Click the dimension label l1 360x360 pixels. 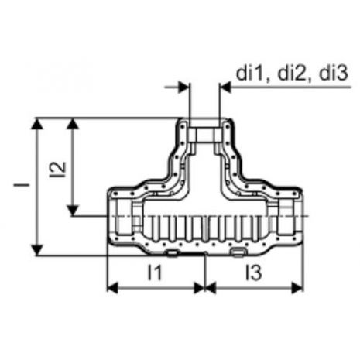click(x=154, y=273)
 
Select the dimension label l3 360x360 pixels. click(x=254, y=273)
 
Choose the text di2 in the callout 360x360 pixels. click(x=293, y=74)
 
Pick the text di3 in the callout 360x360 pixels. click(x=334, y=74)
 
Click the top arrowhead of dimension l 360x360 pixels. click(x=38, y=124)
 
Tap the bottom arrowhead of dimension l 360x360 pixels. click(x=38, y=250)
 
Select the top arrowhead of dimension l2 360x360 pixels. click(x=73, y=124)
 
